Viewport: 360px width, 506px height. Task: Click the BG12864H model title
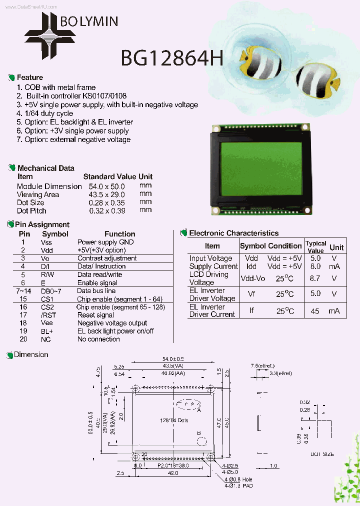click(171, 59)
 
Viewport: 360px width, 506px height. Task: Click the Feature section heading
click(29, 77)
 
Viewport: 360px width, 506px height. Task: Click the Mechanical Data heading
click(45, 168)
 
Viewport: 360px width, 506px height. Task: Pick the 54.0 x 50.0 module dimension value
click(106, 186)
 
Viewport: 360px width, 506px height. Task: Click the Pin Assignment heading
click(42, 225)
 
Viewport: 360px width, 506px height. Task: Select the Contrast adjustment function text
click(107, 258)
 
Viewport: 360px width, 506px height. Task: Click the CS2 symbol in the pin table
click(47, 307)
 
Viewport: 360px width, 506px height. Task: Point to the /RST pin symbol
click(47, 315)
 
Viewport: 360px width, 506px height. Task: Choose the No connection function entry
click(98, 339)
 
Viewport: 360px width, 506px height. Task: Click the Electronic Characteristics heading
click(233, 233)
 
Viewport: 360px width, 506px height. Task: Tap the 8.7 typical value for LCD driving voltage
click(315, 278)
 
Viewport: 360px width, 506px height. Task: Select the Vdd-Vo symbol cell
click(253, 278)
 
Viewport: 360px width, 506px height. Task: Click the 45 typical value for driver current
click(315, 310)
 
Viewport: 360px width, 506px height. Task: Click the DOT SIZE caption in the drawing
click(322, 454)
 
